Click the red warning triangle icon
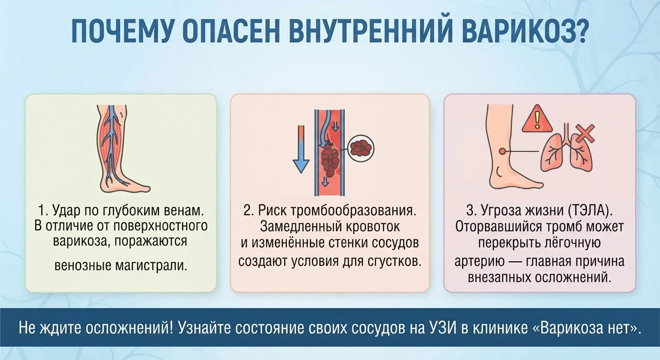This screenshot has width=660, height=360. (537, 119)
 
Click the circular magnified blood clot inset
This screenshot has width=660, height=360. (361, 148)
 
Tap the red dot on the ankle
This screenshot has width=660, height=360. (502, 151)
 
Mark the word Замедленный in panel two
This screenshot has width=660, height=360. (300, 227)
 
